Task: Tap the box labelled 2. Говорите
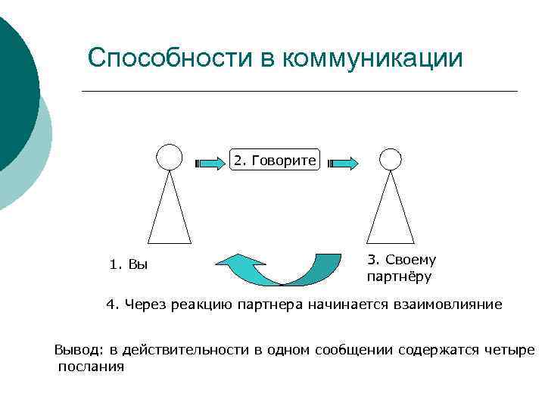tap(276, 161)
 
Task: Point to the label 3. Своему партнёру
tap(401, 268)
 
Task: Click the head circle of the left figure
tap(169, 157)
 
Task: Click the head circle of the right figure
tap(390, 158)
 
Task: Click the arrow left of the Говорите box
tap(211, 162)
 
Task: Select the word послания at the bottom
tap(90, 367)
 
